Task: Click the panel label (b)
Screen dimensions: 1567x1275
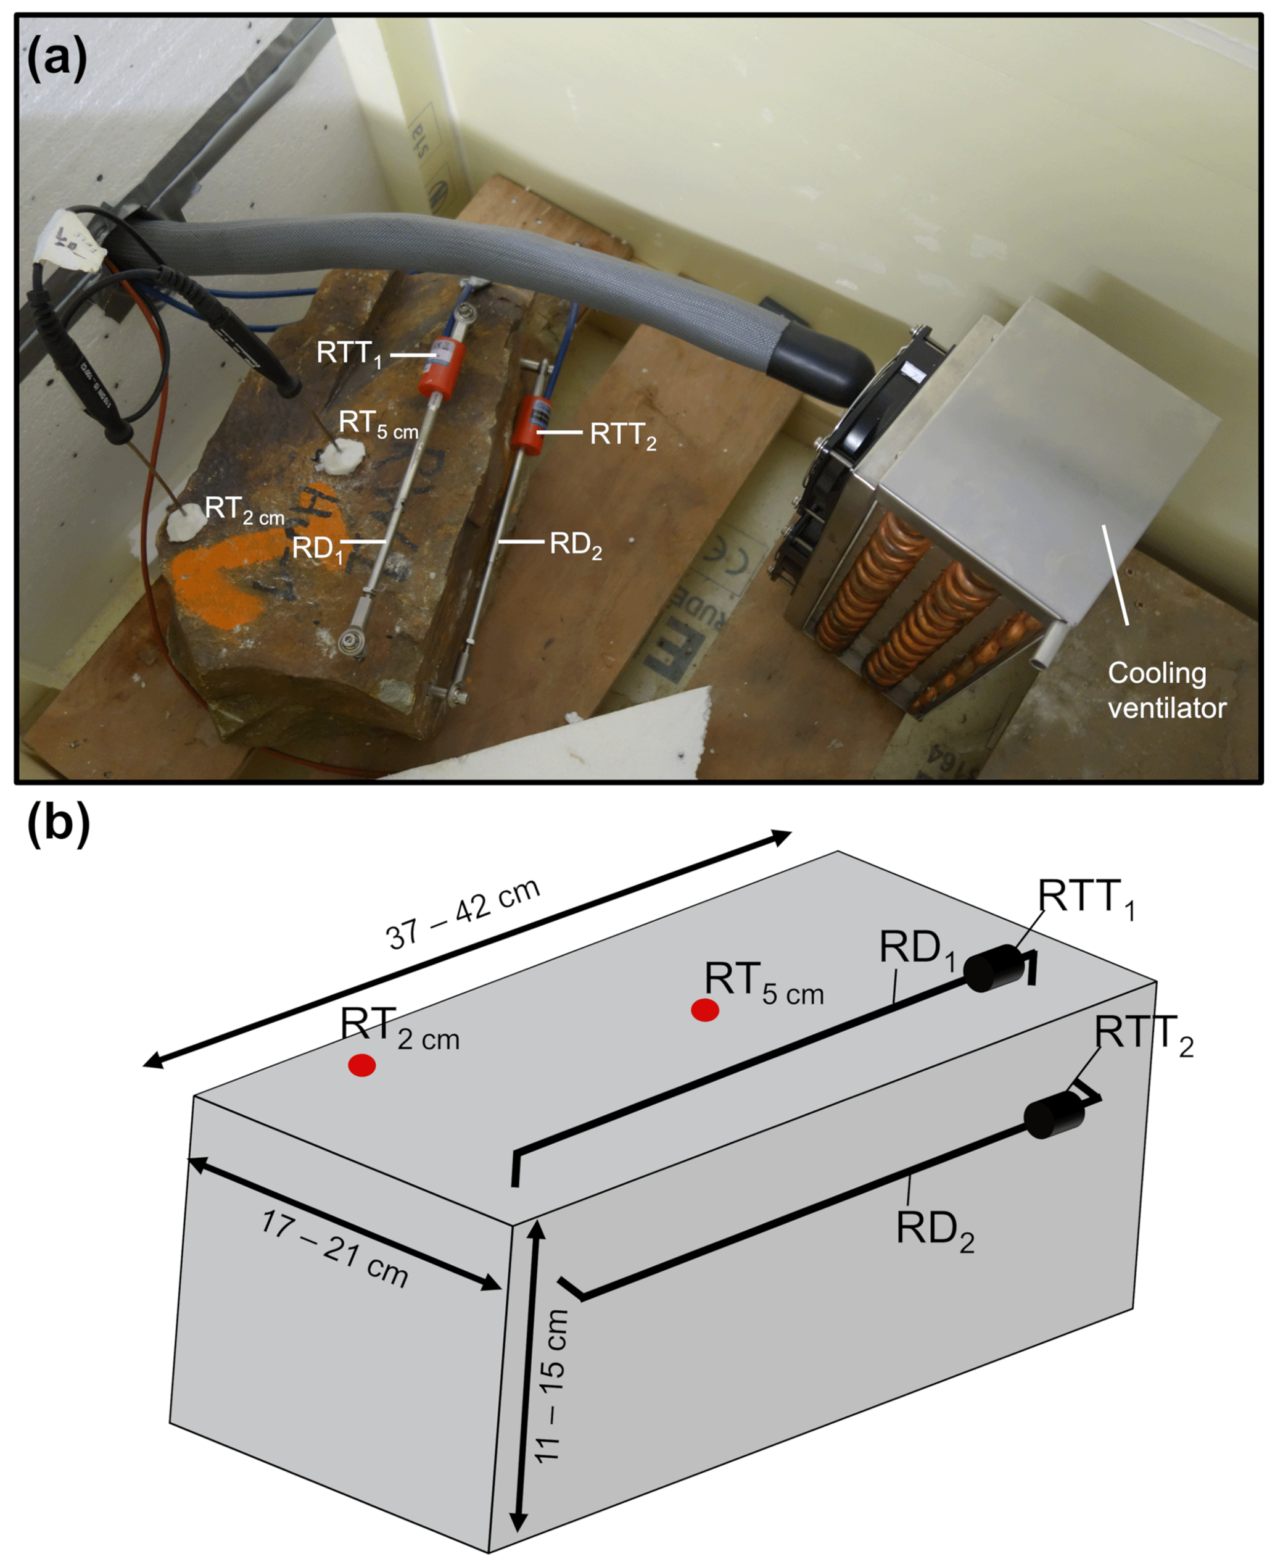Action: (x=59, y=825)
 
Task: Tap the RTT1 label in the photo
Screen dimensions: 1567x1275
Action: (x=350, y=354)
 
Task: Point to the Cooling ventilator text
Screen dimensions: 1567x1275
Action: (x=1167, y=691)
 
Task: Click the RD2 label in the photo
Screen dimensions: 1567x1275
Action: (x=576, y=545)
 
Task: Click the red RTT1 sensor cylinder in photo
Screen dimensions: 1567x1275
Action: (x=442, y=365)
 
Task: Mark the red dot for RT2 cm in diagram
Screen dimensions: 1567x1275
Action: (x=362, y=1065)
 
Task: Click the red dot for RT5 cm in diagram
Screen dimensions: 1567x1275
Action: (x=705, y=1011)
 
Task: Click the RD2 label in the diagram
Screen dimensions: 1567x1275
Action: (x=935, y=1229)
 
